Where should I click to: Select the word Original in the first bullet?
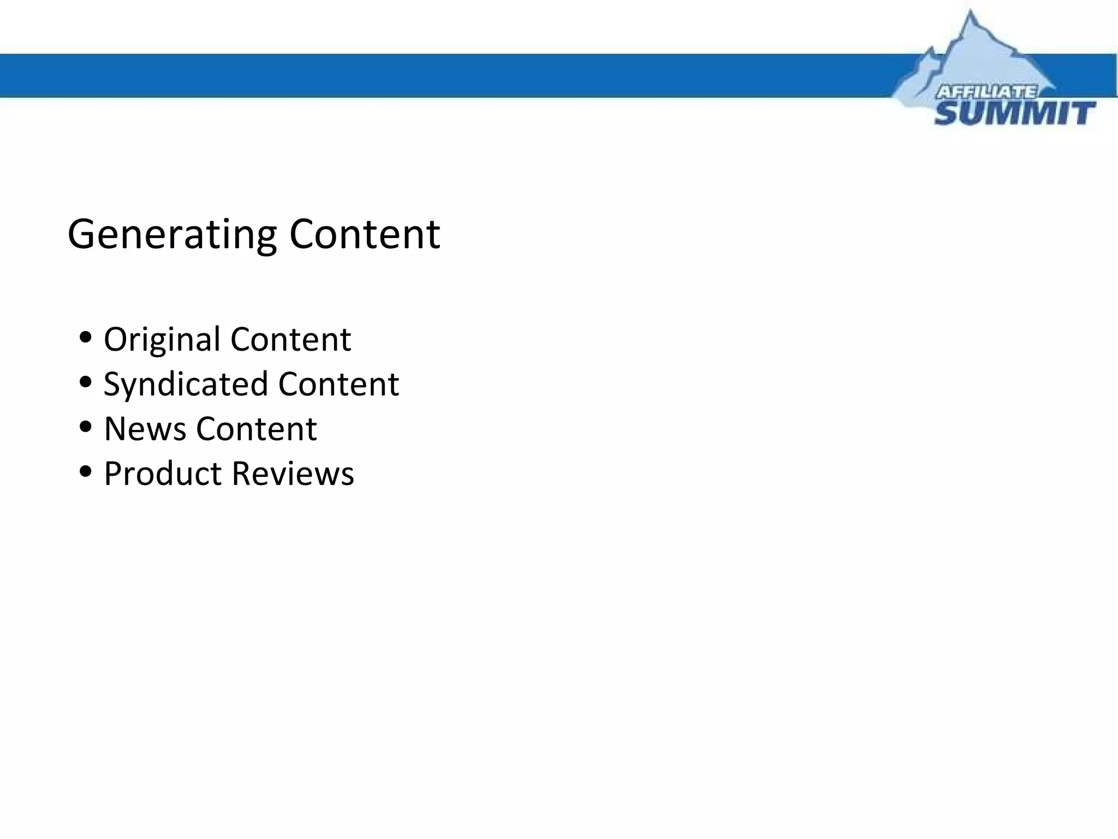coord(162,340)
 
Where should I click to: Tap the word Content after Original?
coord(290,339)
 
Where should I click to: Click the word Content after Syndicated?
coord(338,384)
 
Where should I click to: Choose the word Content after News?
coord(256,429)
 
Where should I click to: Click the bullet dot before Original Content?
coord(85,337)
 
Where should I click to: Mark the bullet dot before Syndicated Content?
coord(85,382)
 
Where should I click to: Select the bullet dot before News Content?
coord(85,427)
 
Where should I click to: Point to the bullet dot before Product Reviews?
coord(85,471)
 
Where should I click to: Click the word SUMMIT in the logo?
coord(1014,114)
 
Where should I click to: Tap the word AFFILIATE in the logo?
coord(986,92)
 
